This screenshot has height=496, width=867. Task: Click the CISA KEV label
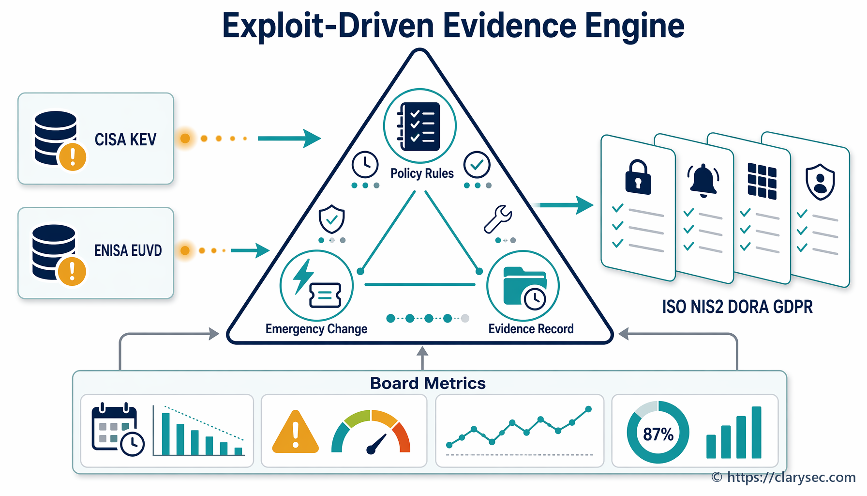click(125, 139)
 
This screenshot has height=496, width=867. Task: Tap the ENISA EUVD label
click(128, 250)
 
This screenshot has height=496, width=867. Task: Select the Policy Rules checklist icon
click(419, 126)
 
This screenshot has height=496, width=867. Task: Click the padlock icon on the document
click(638, 177)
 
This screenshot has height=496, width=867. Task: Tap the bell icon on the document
click(703, 181)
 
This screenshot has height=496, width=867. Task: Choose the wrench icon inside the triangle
click(498, 219)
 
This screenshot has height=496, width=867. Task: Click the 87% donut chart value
click(658, 434)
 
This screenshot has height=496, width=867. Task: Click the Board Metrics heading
click(428, 383)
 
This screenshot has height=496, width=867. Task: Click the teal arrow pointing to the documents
click(564, 205)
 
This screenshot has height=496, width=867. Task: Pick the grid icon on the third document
click(762, 181)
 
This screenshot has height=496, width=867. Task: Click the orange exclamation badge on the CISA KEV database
click(72, 156)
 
